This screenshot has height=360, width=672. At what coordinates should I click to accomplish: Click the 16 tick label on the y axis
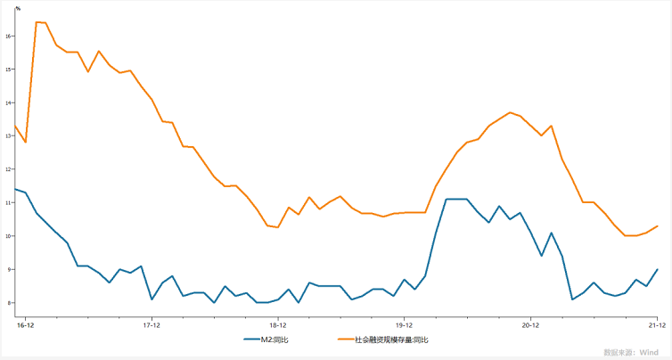8,36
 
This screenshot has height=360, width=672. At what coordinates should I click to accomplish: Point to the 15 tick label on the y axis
8,69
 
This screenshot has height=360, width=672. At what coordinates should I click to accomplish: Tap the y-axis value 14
8,102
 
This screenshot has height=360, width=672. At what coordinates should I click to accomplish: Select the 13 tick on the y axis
8,135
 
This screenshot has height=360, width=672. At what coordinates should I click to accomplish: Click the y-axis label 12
8,169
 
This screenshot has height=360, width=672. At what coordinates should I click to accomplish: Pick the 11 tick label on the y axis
8,202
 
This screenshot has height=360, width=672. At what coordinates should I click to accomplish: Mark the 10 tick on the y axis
8,236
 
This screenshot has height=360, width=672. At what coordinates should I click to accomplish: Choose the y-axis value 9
9,269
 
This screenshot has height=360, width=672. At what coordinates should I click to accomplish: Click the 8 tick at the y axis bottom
9,303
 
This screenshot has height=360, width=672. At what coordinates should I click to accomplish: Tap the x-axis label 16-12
25,325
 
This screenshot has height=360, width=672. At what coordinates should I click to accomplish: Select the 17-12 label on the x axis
152,325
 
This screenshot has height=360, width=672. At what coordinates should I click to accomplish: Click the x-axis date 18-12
278,325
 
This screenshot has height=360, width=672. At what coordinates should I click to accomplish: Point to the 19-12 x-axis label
405,325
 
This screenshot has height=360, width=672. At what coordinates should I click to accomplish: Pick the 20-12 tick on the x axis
531,325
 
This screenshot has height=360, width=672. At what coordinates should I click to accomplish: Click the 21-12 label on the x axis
656,325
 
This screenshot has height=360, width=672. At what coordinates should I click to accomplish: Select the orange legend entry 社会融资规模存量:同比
391,340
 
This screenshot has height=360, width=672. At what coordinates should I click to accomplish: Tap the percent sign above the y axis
18,8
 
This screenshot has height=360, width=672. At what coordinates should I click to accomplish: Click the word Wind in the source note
648,352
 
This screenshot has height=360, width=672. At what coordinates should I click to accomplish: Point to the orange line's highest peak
37,21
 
